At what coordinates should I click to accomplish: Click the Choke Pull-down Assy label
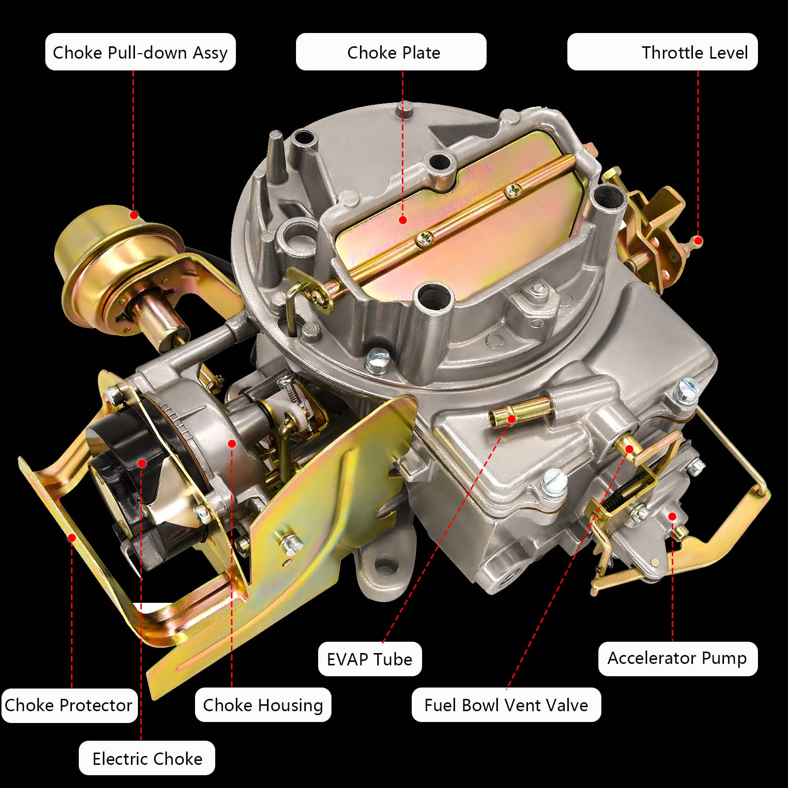coord(140,52)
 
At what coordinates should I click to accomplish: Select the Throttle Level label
coord(662,52)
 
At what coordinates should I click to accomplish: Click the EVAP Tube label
coord(370,659)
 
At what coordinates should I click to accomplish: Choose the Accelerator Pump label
coord(678,658)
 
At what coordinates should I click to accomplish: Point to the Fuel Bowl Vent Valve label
coord(506,705)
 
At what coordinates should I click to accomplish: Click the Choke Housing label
coord(263,705)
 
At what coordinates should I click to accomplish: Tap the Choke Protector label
coord(69,705)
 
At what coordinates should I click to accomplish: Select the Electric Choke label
coord(147,758)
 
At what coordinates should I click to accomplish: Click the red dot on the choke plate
coord(403,220)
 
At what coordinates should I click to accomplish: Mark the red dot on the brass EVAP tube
coord(512,419)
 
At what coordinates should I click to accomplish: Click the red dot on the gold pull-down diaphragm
coord(134,215)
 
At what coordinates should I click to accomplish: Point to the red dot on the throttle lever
coord(698,241)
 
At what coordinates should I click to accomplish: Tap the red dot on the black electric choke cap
coord(142,463)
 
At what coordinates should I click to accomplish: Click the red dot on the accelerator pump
coord(672,516)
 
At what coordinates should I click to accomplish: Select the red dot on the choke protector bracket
coord(72,538)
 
